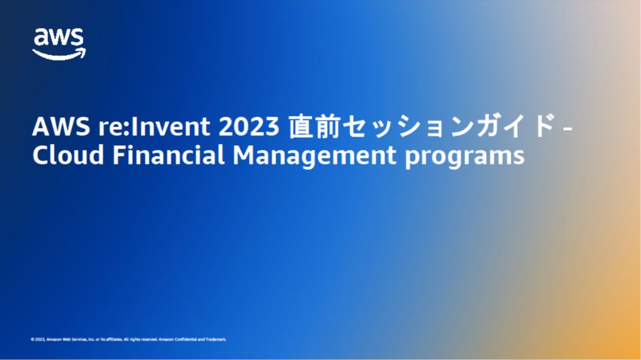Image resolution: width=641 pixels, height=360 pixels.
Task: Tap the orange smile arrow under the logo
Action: click(x=59, y=54)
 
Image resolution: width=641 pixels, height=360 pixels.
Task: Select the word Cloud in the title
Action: click(x=68, y=155)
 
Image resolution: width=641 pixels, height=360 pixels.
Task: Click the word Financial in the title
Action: click(x=168, y=155)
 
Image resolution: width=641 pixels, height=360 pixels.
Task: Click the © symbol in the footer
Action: click(x=33, y=339)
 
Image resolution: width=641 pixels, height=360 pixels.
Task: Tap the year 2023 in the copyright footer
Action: click(x=39, y=339)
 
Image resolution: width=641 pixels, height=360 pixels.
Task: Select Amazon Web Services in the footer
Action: click(x=66, y=339)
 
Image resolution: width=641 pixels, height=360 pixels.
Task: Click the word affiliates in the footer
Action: click(x=113, y=339)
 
